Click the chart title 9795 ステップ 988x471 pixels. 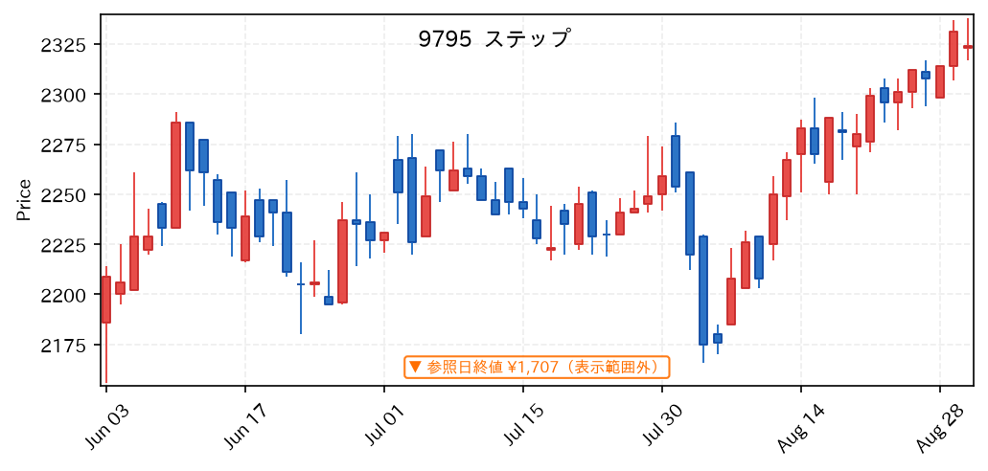tap(494, 38)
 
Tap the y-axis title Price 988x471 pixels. tap(23, 200)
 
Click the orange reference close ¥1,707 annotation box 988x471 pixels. tap(537, 367)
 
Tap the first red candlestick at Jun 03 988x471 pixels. tap(105, 300)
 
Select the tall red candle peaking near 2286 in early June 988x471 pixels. tap(175, 174)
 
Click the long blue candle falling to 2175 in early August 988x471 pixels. tap(703, 290)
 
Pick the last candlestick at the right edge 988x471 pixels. tap(968, 47)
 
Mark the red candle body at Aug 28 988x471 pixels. tap(940, 81)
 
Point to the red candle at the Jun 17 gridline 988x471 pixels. tap(245, 238)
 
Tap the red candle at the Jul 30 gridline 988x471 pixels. tap(662, 185)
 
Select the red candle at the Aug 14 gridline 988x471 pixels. tap(801, 141)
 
